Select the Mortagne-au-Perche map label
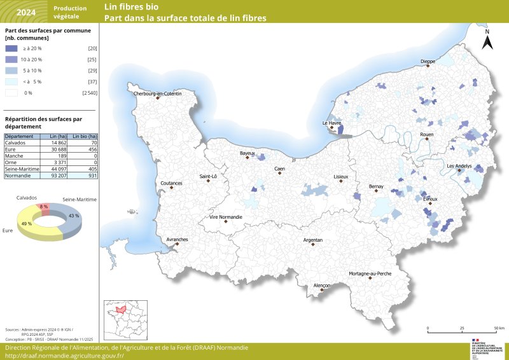coord(370,273)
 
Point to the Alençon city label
coord(322,286)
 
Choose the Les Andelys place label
coord(459,166)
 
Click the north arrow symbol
coord(487,40)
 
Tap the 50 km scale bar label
coord(499,328)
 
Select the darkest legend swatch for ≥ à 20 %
coord(11,48)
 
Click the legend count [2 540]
coord(90,93)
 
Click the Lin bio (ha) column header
coord(84,136)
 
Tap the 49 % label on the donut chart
coord(27,224)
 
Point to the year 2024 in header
coord(26,12)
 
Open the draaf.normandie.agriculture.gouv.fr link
coord(64,356)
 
